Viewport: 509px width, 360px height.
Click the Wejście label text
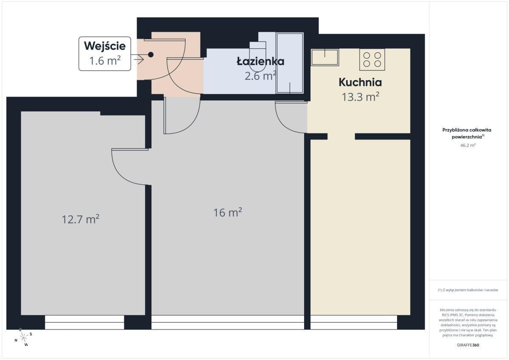click(x=105, y=46)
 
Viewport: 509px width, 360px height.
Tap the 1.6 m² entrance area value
click(x=105, y=61)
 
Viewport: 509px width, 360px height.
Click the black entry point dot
click(x=151, y=55)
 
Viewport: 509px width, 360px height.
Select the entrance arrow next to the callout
click(x=139, y=60)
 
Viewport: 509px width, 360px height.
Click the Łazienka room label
click(x=260, y=61)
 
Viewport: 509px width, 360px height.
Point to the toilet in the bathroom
click(x=257, y=56)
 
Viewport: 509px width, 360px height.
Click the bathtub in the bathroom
click(x=290, y=63)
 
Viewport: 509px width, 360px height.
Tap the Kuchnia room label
click(x=360, y=82)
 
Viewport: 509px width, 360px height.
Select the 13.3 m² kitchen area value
click(x=361, y=97)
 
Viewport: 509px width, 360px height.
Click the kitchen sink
click(x=325, y=57)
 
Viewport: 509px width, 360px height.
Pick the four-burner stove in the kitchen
click(x=372, y=59)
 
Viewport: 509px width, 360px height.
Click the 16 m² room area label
click(x=227, y=212)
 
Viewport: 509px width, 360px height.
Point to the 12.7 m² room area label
click(x=80, y=219)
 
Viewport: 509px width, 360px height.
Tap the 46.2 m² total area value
click(x=468, y=145)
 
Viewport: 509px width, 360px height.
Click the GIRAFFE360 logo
click(x=468, y=345)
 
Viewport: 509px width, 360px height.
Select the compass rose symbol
click(x=23, y=338)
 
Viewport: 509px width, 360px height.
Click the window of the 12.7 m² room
click(x=84, y=322)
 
